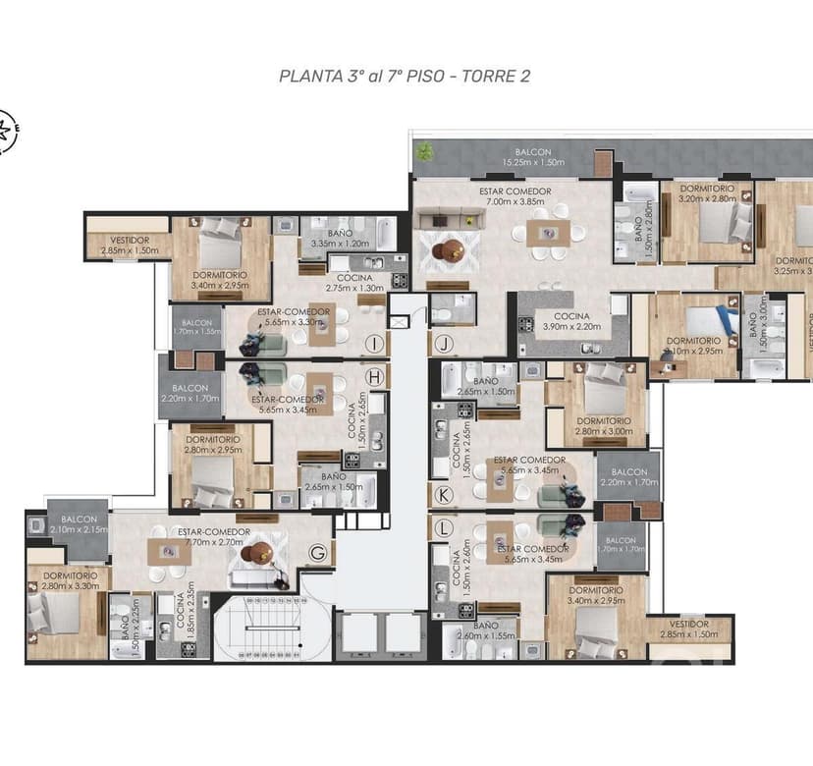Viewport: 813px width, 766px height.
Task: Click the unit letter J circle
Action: (445, 344)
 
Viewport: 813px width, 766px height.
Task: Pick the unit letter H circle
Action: (372, 375)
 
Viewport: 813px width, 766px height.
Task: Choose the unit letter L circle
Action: (444, 527)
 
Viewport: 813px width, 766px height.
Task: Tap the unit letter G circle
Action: (317, 552)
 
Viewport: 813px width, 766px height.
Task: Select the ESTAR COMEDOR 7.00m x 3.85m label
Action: (515, 195)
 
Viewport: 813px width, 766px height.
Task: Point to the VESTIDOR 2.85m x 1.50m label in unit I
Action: (129, 245)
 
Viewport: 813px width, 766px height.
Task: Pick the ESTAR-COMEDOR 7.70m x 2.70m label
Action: (214, 537)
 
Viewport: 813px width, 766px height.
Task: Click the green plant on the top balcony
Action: (424, 151)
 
